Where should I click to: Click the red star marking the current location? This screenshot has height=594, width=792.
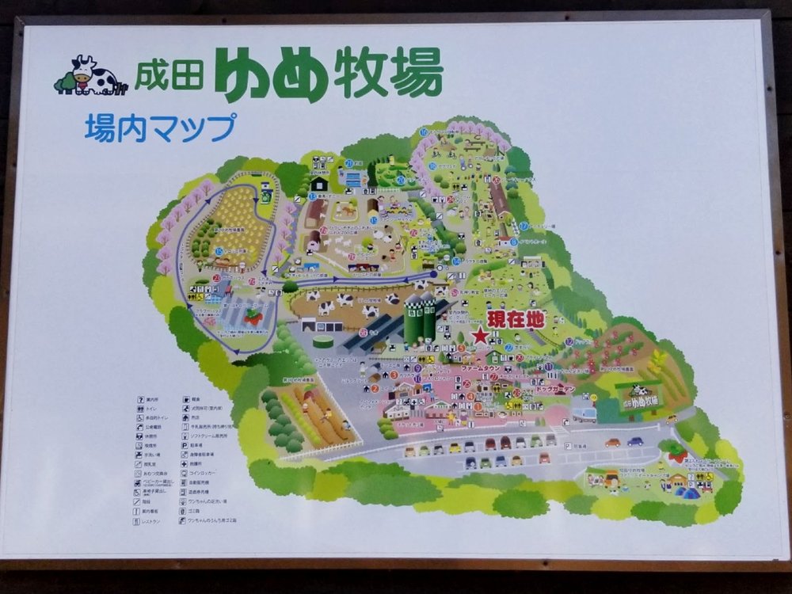[480, 336]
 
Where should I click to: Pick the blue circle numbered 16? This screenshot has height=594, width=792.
[425, 132]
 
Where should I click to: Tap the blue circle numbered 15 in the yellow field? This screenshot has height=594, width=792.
[219, 251]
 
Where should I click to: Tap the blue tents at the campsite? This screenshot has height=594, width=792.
[689, 492]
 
